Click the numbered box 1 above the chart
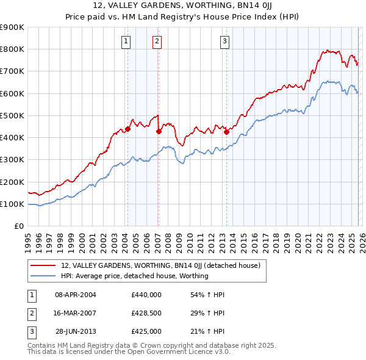[x=126, y=41]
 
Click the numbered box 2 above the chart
[x=157, y=41]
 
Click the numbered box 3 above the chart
[x=224, y=41]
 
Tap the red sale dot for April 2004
[x=127, y=129]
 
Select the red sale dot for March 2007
[x=159, y=131]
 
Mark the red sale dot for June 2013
[x=226, y=132]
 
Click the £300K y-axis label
[x=13, y=160]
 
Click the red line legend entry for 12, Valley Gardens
[x=160, y=265]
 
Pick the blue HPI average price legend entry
[x=134, y=276]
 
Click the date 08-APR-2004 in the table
[x=76, y=295]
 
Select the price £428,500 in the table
[x=146, y=313]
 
